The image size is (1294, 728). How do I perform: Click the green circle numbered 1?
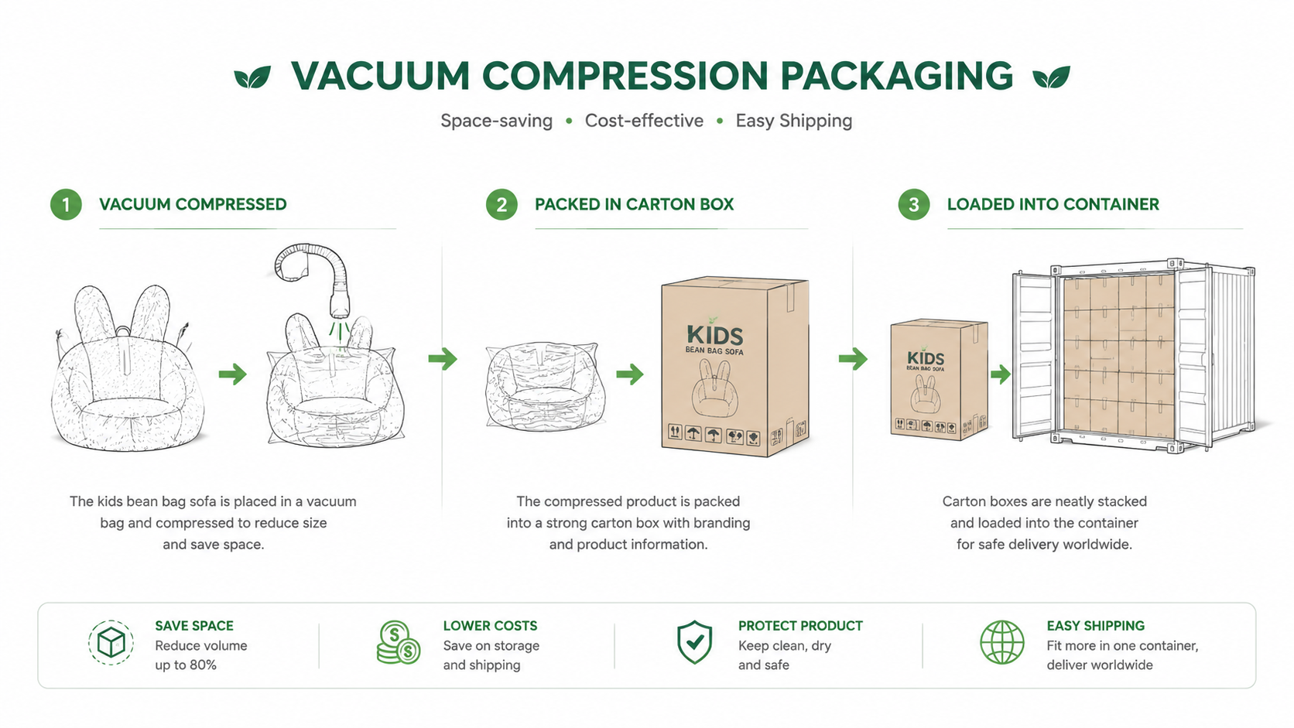coord(66,204)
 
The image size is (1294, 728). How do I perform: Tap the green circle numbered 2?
coord(502,204)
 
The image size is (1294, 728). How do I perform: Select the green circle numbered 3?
coord(914,204)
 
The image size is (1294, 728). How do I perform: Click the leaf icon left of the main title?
coord(252,77)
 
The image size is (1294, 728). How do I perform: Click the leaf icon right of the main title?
coord(1051,77)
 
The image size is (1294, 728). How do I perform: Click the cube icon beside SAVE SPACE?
coord(111,643)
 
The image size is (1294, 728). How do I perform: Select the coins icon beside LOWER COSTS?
coord(398,643)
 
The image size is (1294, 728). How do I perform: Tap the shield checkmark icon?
coord(694,642)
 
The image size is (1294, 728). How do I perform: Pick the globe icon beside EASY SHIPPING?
coord(1002,643)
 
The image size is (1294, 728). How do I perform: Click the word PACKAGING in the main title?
coord(896,76)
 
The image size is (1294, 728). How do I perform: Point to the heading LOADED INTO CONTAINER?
coord(1053,204)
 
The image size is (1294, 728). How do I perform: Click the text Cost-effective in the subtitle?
coord(644,121)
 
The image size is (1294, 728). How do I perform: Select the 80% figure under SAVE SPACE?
coord(203,665)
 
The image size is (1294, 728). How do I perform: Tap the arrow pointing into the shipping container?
coord(1001,374)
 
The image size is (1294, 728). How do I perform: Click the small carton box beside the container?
coord(939,379)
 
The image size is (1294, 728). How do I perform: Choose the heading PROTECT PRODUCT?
coord(800,626)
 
